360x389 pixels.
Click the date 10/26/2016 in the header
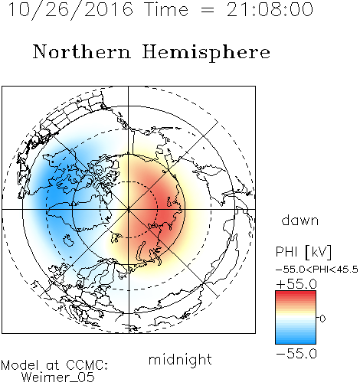tap(70, 9)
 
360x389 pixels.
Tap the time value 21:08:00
tap(270, 9)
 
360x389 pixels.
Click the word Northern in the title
tap(82, 52)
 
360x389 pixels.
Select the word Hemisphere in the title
tap(206, 53)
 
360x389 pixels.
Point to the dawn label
tap(300, 220)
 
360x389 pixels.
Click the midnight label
tap(180, 359)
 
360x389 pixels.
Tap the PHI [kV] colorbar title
tap(304, 252)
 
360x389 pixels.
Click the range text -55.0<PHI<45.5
tap(317, 270)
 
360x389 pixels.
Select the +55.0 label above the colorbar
tap(296, 284)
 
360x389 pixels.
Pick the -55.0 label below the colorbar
tap(296, 354)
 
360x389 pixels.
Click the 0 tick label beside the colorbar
tap(322, 319)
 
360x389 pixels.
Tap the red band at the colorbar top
tap(296, 294)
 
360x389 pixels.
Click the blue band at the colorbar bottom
tap(296, 341)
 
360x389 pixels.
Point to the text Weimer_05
tap(58, 378)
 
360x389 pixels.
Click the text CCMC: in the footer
tap(87, 365)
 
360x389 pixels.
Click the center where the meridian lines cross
tap(129, 209)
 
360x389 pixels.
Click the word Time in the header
tap(166, 9)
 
